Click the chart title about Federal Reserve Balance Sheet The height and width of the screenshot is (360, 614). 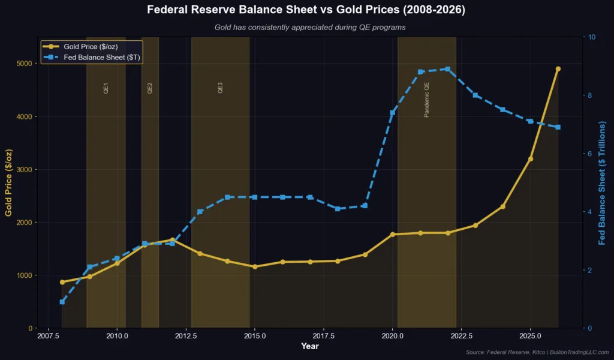pyautogui.click(x=307, y=10)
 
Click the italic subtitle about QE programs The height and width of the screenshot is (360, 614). pyautogui.click(x=307, y=27)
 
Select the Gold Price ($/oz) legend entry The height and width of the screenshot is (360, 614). pyautogui.click(x=95, y=47)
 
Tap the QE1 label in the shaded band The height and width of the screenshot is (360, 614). pyautogui.click(x=106, y=88)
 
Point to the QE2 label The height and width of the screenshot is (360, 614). pyautogui.click(x=150, y=88)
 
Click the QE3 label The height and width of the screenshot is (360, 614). pyautogui.click(x=220, y=88)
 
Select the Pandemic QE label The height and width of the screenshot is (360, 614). pyautogui.click(x=427, y=100)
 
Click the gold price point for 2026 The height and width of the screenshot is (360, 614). pyautogui.click(x=558, y=69)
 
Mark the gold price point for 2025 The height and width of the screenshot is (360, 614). pyautogui.click(x=530, y=159)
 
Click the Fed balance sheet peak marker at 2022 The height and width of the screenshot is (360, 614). pyautogui.click(x=448, y=69)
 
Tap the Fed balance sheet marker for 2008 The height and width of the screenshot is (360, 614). pyautogui.click(x=62, y=302)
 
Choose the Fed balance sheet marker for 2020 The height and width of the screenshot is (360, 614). pyautogui.click(x=393, y=113)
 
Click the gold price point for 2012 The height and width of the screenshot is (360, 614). pyautogui.click(x=172, y=240)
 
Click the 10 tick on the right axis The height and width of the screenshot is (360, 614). pyautogui.click(x=592, y=37)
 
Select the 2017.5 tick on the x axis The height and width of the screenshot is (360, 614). pyautogui.click(x=324, y=337)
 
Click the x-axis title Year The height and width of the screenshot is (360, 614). pyautogui.click(x=310, y=346)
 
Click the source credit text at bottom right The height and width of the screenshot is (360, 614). pyautogui.click(x=537, y=352)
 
